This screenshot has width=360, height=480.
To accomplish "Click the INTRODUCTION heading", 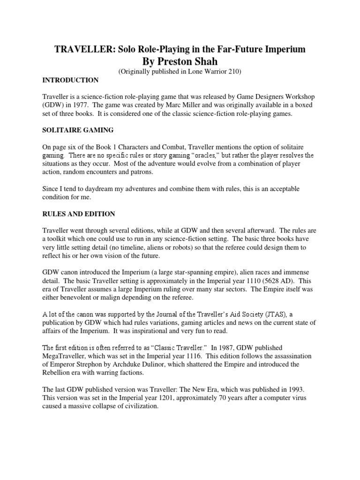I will pyautogui.click(x=70, y=80).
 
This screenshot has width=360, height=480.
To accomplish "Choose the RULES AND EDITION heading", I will pyautogui.click(x=79, y=214).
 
